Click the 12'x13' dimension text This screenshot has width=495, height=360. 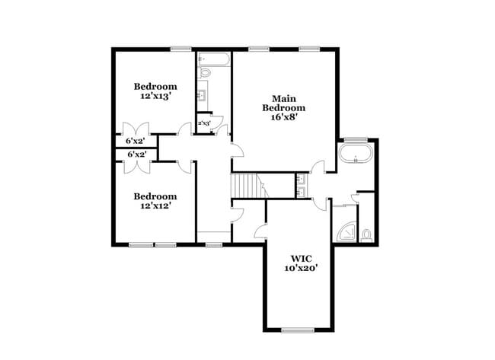tap(155, 97)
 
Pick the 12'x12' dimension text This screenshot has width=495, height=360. tap(155, 205)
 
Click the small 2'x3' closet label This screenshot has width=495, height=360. tap(204, 123)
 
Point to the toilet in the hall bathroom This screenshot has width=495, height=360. tap(205, 73)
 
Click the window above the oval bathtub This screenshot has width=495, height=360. tap(354, 139)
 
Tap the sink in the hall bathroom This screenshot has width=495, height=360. tap(203, 95)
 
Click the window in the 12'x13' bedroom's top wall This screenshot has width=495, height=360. tap(180, 49)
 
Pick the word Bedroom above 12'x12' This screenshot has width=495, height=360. tap(155, 196)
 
